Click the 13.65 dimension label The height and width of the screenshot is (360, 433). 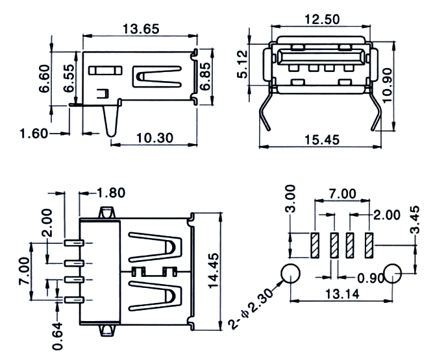pos(141,29)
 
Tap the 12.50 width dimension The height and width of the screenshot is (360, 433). pos(322,19)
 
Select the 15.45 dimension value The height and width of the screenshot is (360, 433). pos(322,139)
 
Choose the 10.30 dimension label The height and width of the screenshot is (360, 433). pos(155,138)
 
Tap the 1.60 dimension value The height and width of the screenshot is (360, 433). pos(34,134)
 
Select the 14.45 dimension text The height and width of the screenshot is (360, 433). pos(213,271)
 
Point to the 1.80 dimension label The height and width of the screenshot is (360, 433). pos(111,193)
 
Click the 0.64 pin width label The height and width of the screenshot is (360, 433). pos(58,336)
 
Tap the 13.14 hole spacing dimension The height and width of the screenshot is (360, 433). pos(342,294)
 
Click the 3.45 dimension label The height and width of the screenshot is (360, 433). pos(415,220)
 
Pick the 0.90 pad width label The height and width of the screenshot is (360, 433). pos(371,278)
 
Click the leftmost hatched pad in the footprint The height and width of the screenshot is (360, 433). pos(315,246)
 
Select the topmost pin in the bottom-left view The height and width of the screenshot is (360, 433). pos(74,243)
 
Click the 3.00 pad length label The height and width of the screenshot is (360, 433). pos(290,198)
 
